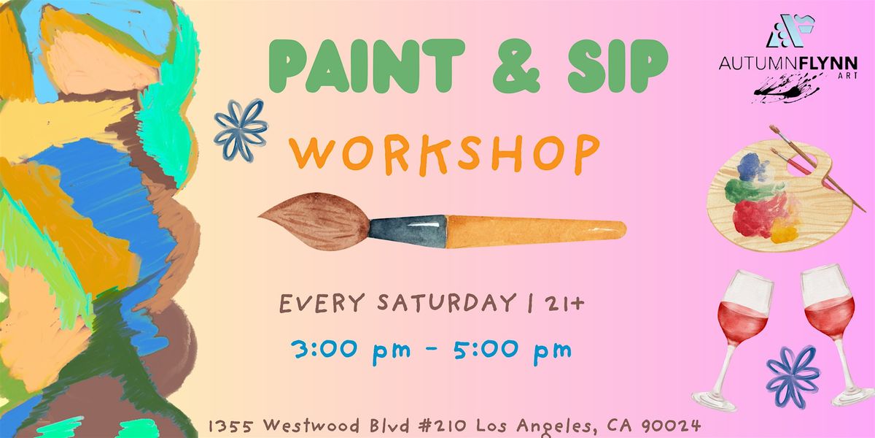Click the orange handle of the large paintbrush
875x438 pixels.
[536, 228]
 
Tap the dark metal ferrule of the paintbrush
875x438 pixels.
[407, 227]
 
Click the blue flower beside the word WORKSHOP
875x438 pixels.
[241, 129]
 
